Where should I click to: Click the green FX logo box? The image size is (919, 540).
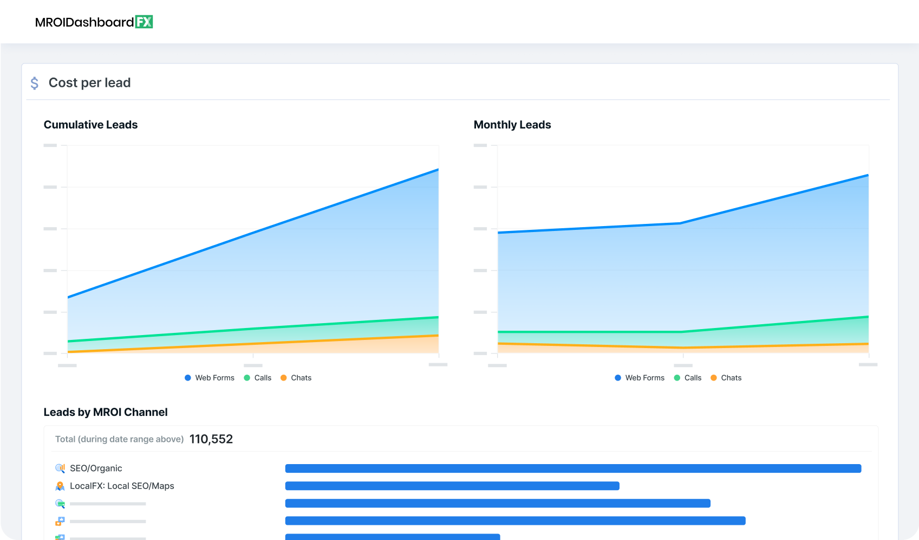tap(144, 22)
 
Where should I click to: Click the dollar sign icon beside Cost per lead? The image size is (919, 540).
tap(35, 83)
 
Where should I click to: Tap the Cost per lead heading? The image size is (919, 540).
tap(89, 82)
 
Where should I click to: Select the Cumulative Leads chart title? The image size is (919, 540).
tap(90, 125)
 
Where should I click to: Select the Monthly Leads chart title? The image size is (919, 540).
tap(512, 125)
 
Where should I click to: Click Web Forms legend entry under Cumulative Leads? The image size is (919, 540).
tap(210, 378)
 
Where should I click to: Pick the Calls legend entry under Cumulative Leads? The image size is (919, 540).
tap(258, 378)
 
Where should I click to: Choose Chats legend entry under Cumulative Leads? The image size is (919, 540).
tap(296, 378)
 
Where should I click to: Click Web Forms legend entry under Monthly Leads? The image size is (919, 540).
tap(640, 378)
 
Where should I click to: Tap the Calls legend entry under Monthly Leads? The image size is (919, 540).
tap(688, 378)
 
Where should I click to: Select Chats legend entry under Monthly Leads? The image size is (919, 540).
tap(726, 378)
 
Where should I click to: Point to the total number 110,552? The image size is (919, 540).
tap(211, 439)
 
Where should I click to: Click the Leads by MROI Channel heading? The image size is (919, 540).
tap(106, 412)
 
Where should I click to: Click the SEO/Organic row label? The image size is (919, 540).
tap(96, 468)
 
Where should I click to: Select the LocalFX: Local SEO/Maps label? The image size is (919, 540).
tap(122, 486)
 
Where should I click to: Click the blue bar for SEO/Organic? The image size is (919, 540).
tap(573, 468)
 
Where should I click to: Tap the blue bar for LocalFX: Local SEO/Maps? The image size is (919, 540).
tap(452, 486)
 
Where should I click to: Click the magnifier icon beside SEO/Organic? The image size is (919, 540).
tap(60, 468)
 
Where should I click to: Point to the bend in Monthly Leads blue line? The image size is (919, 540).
tap(681, 223)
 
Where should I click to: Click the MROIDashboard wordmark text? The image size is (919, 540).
tap(84, 22)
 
